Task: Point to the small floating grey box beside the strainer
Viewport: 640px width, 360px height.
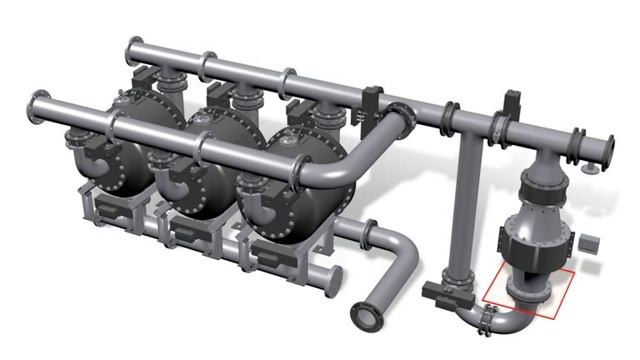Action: pos(588,243)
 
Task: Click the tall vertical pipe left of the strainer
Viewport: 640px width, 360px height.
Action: pos(463,210)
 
